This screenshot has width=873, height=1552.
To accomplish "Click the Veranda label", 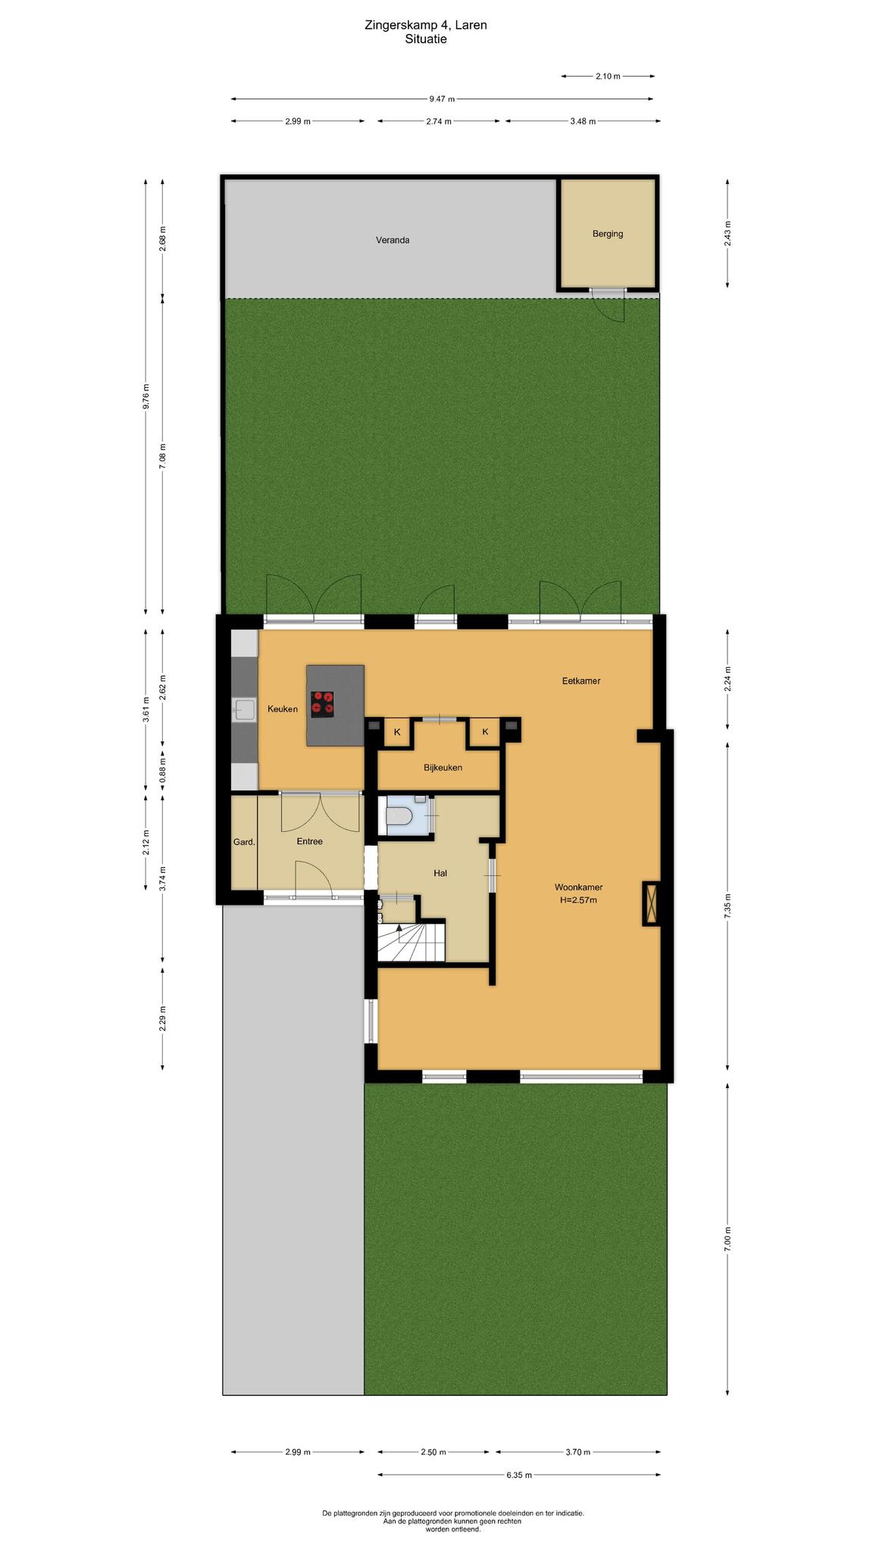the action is pos(393,240).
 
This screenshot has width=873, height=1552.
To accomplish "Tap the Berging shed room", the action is pos(608,233).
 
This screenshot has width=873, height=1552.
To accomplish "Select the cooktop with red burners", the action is pos(322,704).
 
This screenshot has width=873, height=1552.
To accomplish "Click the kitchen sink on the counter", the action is pos(244,710).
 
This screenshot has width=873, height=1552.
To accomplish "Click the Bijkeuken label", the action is pos(443,768).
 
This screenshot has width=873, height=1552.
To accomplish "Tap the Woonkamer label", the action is pos(578,887).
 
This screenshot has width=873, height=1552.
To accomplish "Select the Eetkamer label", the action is pos(581,681).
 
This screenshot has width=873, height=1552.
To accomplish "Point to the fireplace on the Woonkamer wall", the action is pos(651,903).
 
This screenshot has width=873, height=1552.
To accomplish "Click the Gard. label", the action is pos(244,842).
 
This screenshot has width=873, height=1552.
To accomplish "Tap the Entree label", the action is pos(310,842).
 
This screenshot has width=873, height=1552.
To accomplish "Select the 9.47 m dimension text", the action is pos(442,99).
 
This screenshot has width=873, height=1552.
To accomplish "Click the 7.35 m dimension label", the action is pos(727,906).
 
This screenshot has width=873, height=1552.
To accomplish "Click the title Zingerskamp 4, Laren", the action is pos(426,25).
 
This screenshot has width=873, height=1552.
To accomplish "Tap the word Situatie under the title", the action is pos(426,39).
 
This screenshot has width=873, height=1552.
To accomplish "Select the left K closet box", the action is pos(396,732).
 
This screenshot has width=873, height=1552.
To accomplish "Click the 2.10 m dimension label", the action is pos(608,77).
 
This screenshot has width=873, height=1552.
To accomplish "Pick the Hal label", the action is pos(440,874).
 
